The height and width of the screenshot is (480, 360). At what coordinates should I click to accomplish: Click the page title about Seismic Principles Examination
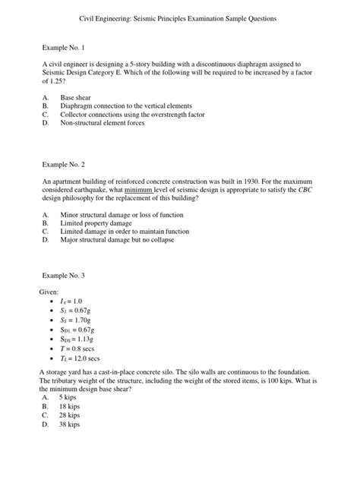[x=179, y=17]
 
